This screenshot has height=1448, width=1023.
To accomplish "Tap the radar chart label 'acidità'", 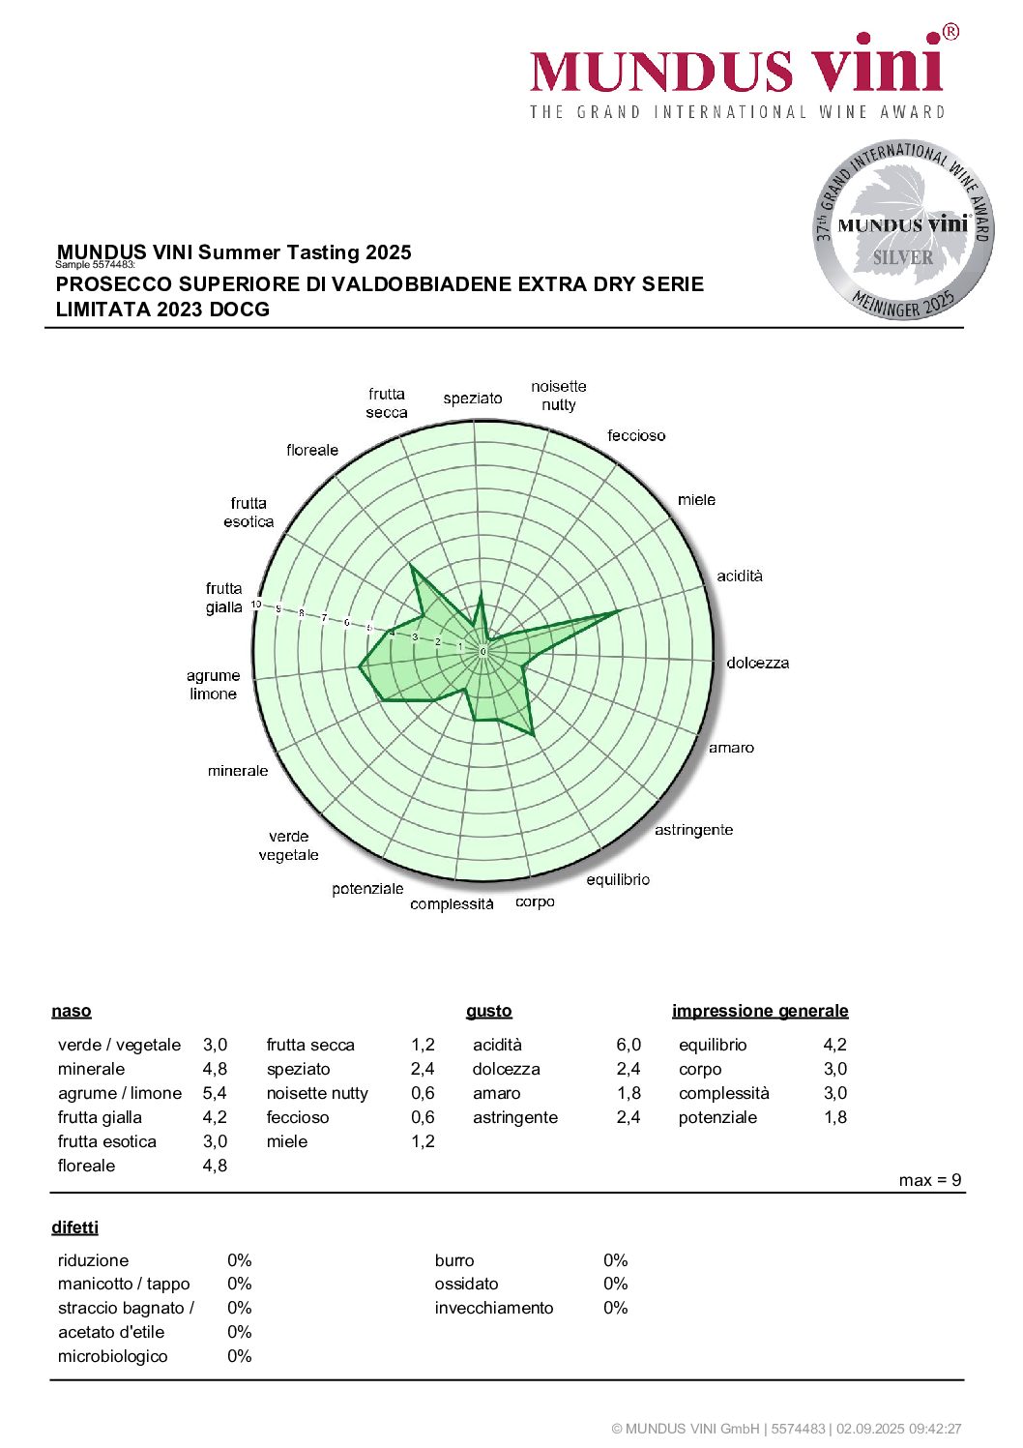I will [x=740, y=576].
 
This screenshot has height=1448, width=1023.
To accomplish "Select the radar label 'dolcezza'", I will [x=757, y=663].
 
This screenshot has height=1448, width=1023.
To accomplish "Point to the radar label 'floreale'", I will [x=312, y=450].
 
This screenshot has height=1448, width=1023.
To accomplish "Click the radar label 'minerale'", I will [x=238, y=770].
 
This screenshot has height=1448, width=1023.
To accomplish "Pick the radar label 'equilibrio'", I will [x=618, y=879].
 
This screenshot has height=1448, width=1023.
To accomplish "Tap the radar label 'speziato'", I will [x=473, y=398].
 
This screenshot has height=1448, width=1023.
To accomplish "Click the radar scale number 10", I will [x=256, y=605].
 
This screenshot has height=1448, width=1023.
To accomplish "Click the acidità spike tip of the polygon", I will [x=618, y=611].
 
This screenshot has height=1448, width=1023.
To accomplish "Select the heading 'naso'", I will [x=72, y=1011].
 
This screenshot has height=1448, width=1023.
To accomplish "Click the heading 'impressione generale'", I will [x=760, y=1011].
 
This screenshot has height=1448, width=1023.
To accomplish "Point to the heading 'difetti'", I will [x=75, y=1227].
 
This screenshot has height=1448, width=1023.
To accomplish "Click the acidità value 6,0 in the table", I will [x=628, y=1045].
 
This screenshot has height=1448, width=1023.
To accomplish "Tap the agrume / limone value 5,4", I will [x=215, y=1093].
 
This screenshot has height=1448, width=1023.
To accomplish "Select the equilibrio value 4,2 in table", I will [x=834, y=1045].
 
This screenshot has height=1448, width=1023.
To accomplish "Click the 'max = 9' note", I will [x=929, y=1180].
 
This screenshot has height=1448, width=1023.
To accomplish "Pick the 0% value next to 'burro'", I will [x=615, y=1260].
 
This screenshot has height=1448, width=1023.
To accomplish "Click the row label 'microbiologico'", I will [x=112, y=1356].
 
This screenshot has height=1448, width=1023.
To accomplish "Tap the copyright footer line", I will [x=786, y=1429].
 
